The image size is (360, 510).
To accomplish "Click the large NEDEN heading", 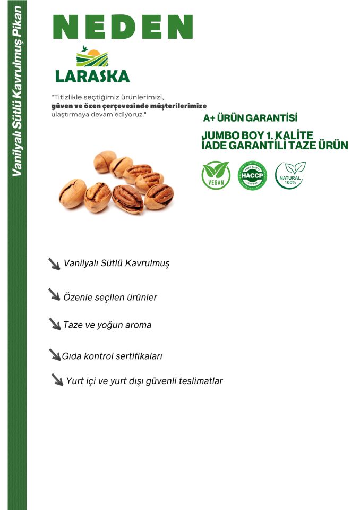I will (123, 27).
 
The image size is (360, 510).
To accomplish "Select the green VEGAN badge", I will (216, 176).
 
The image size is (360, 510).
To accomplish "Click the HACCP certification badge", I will (252, 176).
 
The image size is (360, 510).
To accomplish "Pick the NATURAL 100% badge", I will (290, 175).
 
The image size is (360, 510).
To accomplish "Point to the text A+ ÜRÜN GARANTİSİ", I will (250, 117).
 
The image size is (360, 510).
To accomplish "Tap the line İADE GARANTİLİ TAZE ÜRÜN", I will (275, 145).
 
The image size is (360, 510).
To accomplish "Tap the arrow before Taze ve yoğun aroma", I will (55, 324).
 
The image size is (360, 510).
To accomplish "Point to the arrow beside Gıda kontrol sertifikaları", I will (55, 354).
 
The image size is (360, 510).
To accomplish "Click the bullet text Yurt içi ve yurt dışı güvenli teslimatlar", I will (144, 381).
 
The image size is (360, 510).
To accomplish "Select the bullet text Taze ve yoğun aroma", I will (107, 325).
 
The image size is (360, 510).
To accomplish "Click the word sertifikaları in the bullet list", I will (139, 356).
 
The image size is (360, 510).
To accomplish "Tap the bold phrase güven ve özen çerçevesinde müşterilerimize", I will (128, 106).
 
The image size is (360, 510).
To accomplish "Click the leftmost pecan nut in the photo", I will (72, 192).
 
